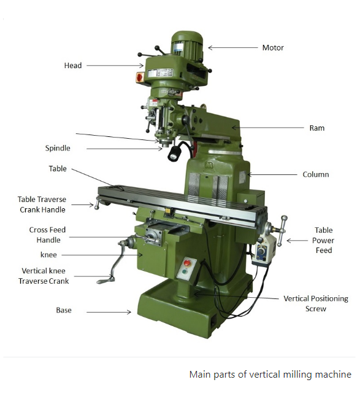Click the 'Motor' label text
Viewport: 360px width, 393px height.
pyautogui.click(x=273, y=48)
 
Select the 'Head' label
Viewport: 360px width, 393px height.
pyautogui.click(x=72, y=66)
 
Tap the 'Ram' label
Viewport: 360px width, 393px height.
pyautogui.click(x=316, y=128)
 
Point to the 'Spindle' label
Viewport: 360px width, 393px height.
pyautogui.click(x=58, y=148)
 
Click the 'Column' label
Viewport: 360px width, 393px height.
pyautogui.click(x=316, y=174)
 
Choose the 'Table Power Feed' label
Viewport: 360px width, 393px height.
pyautogui.click(x=323, y=240)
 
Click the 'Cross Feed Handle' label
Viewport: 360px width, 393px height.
pyautogui.click(x=47, y=235)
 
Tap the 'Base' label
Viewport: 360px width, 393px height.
pyautogui.click(x=64, y=311)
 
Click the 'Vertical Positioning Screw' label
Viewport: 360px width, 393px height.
pyautogui.click(x=315, y=303)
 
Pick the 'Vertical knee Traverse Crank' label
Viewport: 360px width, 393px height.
pyautogui.click(x=44, y=276)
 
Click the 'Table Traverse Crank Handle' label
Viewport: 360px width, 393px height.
pyautogui.click(x=42, y=204)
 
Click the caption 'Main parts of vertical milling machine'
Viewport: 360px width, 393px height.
pyautogui.click(x=270, y=374)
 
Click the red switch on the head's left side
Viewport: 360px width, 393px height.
pyautogui.click(x=139, y=77)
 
